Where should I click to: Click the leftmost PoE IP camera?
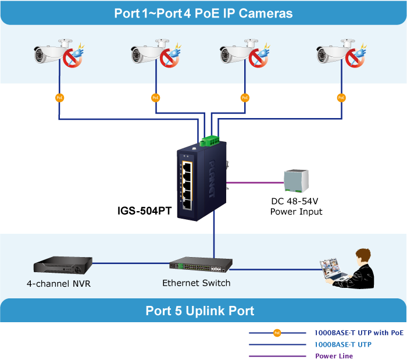(x=55, y=53)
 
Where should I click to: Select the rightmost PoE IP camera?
(x=337, y=53)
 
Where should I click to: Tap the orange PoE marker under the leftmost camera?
(x=59, y=98)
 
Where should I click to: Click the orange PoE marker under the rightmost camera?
(x=341, y=98)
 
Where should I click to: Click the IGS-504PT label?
(x=144, y=211)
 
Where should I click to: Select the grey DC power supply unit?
(x=295, y=181)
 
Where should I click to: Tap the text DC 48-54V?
(x=295, y=201)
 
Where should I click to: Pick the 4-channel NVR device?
(x=63, y=265)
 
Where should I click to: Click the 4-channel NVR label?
(x=58, y=284)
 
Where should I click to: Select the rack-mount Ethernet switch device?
(x=201, y=265)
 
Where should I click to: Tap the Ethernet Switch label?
(x=196, y=283)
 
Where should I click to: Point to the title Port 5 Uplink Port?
(x=199, y=311)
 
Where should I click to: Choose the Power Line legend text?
(x=334, y=356)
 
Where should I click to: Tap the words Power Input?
(x=296, y=211)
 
